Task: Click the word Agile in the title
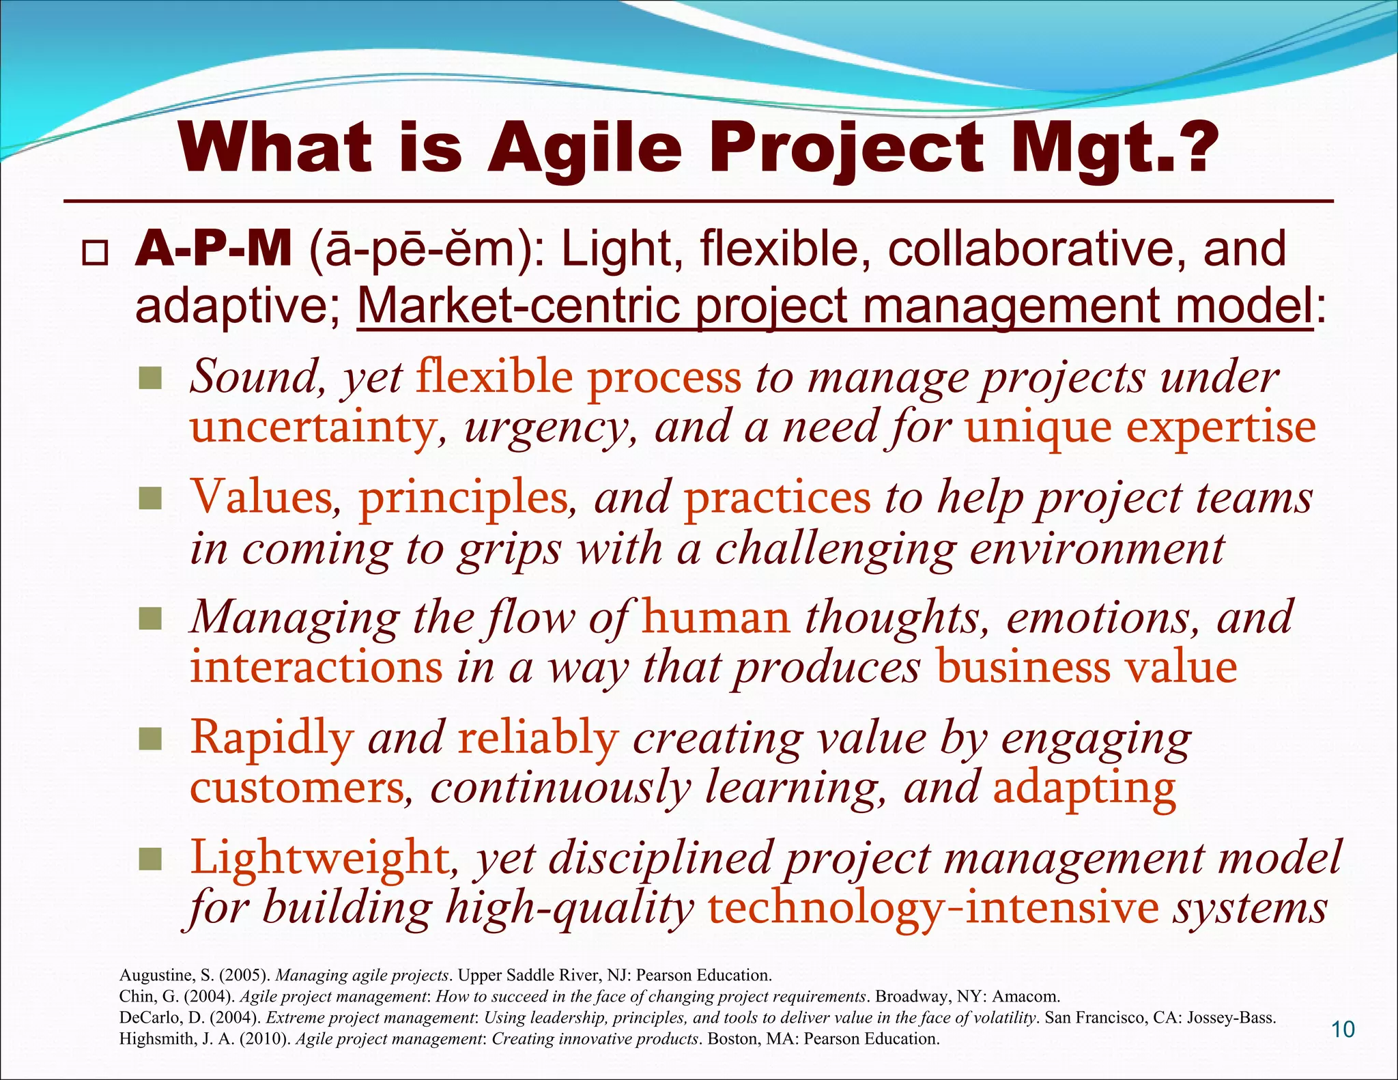pyautogui.click(x=584, y=149)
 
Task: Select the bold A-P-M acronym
pyautogui.click(x=214, y=249)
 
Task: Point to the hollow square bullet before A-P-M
pyautogui.click(x=94, y=254)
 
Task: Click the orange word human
pyautogui.click(x=716, y=617)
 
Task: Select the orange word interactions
pyautogui.click(x=316, y=668)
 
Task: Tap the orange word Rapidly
pyautogui.click(x=272, y=738)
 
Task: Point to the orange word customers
pyautogui.click(x=297, y=788)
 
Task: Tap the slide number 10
pyautogui.click(x=1343, y=1029)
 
